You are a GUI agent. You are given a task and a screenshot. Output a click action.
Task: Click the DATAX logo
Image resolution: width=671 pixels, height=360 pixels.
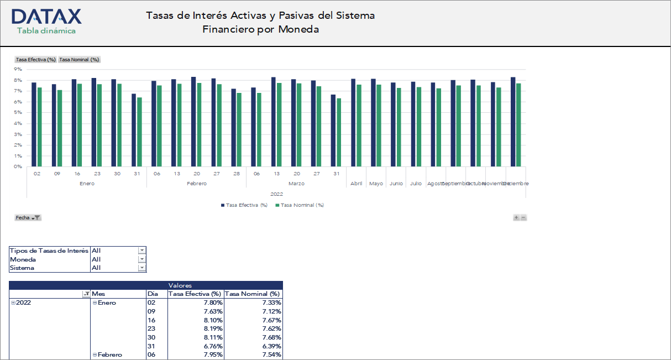point(46,17)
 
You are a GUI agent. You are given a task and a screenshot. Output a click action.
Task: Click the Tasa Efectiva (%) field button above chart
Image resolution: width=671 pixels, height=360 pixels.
point(36,60)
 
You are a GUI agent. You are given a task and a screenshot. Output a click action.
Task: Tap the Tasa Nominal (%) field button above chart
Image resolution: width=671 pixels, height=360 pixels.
point(79,60)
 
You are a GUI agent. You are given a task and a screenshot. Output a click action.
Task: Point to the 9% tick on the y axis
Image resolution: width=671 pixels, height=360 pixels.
point(18,70)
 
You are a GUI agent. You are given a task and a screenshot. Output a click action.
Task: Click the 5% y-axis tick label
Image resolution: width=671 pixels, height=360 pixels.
point(18,113)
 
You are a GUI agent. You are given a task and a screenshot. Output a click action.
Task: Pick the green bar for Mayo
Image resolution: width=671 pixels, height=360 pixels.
point(379,126)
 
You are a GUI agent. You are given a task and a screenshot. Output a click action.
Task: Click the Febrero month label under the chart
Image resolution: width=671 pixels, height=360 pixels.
point(196,184)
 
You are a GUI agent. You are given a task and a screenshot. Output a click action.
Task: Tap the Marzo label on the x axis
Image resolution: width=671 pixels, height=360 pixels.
point(296,184)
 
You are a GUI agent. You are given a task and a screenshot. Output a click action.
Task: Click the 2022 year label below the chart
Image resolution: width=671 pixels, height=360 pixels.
point(276,194)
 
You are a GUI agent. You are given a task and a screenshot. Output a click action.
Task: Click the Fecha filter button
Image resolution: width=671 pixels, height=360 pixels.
point(28,218)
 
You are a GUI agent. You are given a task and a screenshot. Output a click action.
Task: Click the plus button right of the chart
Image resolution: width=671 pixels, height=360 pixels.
point(516,218)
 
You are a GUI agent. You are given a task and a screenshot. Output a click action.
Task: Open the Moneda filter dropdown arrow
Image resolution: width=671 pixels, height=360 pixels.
point(142,259)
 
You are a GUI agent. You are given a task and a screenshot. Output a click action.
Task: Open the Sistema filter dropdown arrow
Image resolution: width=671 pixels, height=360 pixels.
point(142,268)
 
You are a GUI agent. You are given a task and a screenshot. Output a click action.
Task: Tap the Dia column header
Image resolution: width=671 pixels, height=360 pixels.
point(153,294)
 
